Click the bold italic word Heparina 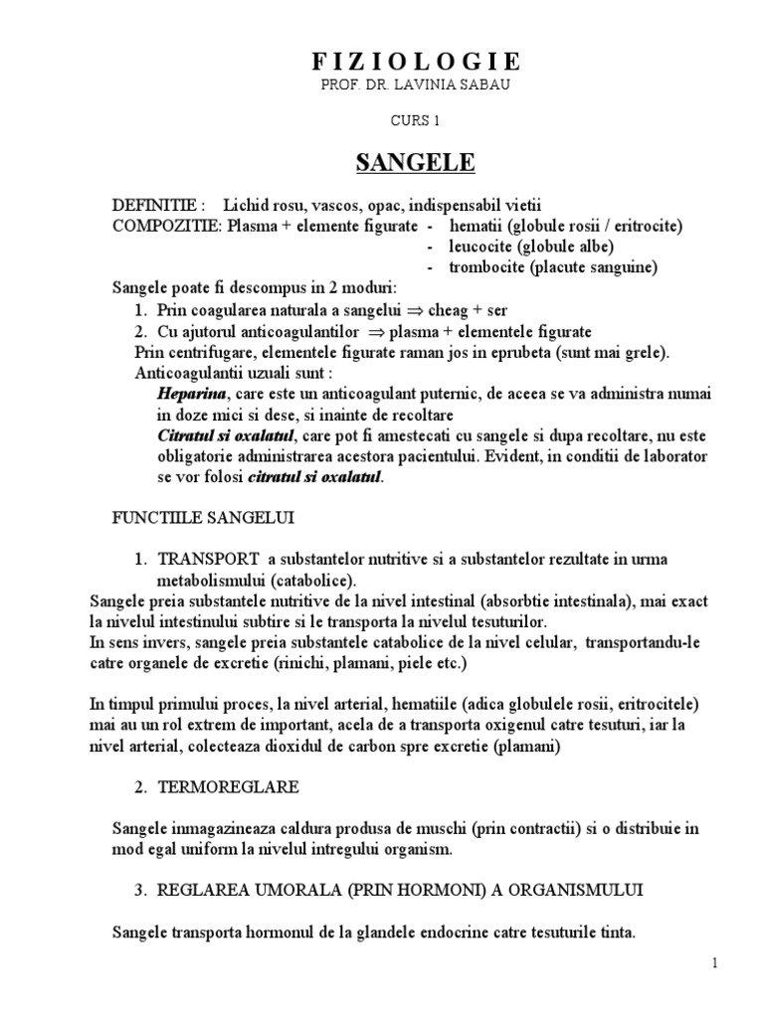point(187,394)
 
